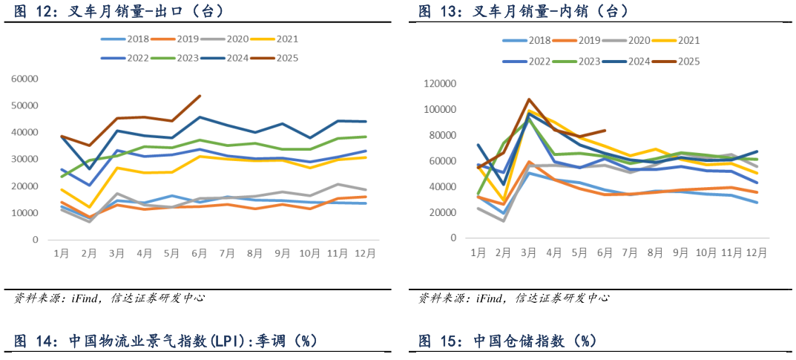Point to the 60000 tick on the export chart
[24, 79]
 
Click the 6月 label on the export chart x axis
[200, 253]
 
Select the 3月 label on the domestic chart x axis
[528, 253]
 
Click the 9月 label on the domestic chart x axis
[680, 253]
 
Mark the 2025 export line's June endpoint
[200, 96]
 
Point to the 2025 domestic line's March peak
[529, 99]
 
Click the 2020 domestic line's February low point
[504, 220]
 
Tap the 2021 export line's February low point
[89, 207]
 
